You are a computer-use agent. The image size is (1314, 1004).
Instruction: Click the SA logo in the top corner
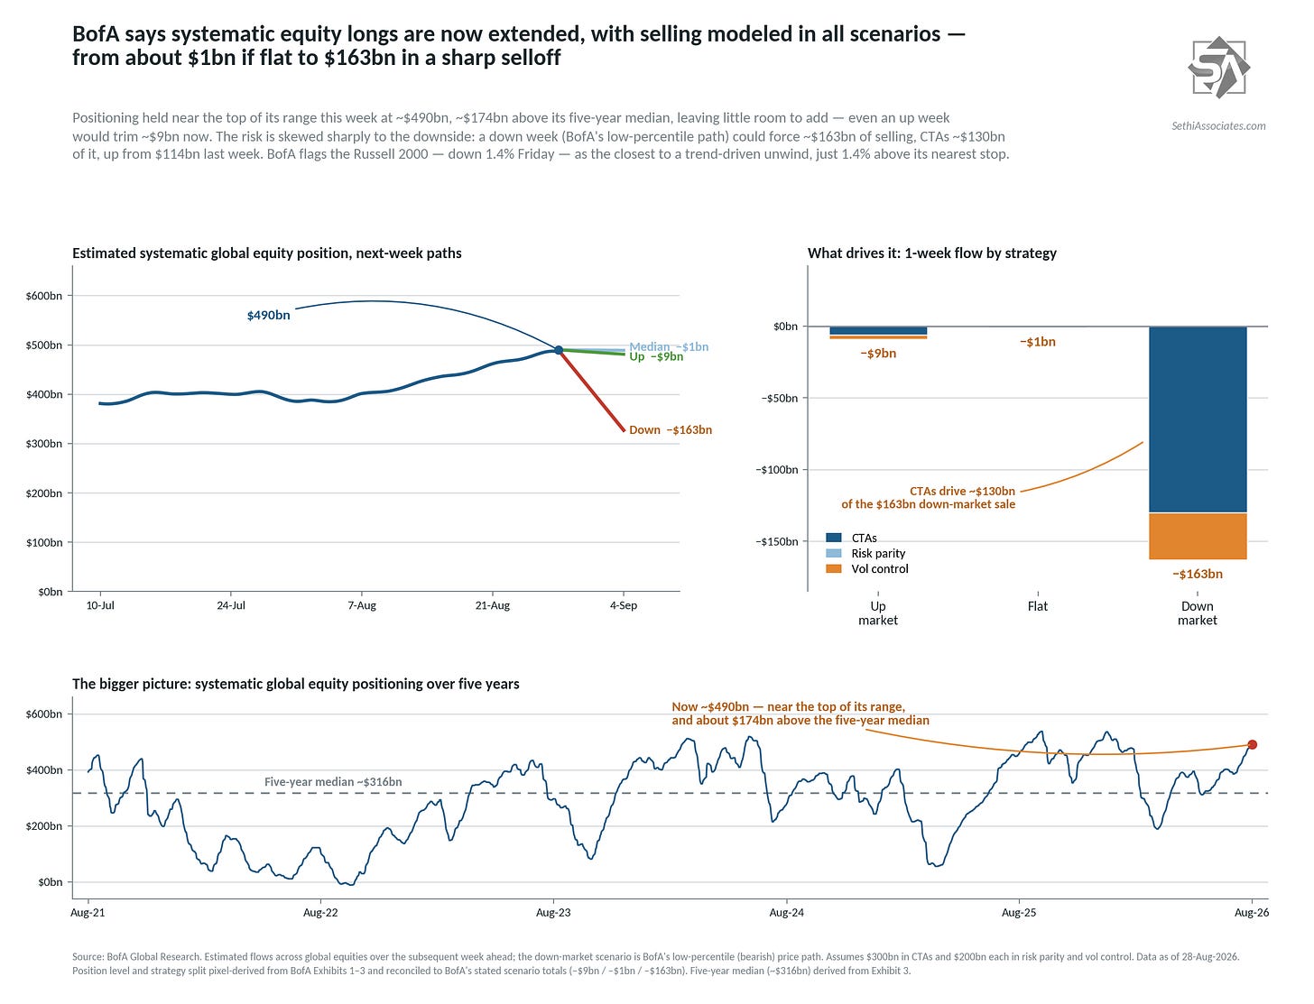(x=1218, y=67)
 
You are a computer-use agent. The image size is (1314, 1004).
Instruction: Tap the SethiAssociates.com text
(x=1218, y=125)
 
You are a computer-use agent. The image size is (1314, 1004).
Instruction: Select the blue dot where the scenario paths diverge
(x=559, y=350)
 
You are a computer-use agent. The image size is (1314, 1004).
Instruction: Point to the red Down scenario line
(x=591, y=390)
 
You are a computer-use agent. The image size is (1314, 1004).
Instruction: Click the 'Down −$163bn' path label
(x=671, y=429)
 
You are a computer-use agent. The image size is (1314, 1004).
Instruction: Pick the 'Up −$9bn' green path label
(x=656, y=356)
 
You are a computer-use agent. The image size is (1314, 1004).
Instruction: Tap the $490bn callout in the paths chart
(x=268, y=315)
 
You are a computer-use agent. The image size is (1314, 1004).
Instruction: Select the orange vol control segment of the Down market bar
(x=1198, y=536)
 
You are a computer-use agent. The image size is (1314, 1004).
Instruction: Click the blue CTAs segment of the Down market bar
(x=1198, y=419)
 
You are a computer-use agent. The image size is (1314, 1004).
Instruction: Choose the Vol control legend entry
(x=866, y=568)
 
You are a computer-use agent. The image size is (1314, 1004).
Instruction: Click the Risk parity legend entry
(x=865, y=553)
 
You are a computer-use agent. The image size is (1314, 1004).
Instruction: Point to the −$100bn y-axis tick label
(x=776, y=470)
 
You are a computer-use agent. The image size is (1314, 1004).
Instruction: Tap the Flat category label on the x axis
(x=1038, y=606)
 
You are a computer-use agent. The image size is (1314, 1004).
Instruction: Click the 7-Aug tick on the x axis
(x=362, y=605)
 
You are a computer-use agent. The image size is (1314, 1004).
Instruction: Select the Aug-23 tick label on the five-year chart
(x=553, y=913)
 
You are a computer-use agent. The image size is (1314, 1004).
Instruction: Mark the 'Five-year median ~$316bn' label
(x=333, y=781)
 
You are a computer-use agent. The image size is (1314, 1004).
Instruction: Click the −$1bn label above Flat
(x=1038, y=342)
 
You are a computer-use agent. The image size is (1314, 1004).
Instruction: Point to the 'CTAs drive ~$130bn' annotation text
(x=962, y=491)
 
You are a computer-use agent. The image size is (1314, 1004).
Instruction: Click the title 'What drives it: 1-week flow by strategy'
(x=931, y=253)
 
